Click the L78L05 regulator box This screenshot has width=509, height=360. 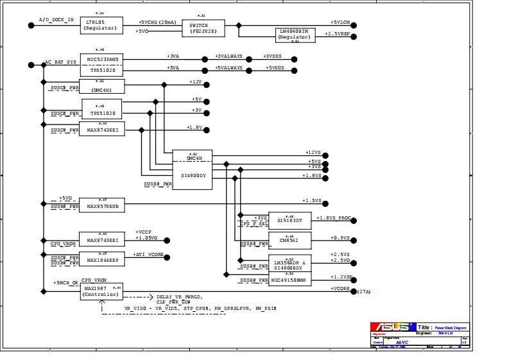(101, 25)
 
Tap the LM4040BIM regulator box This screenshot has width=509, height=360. (295, 35)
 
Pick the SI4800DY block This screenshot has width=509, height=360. (192, 175)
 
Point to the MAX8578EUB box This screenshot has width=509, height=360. (101, 206)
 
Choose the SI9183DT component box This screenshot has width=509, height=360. (289, 220)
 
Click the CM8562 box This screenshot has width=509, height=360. (289, 240)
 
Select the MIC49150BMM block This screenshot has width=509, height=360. (289, 280)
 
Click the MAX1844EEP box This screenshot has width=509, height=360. (102, 260)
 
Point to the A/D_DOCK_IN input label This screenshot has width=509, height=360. (56, 21)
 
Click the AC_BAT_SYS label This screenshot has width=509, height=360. (60, 62)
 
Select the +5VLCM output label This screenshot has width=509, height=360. (340, 22)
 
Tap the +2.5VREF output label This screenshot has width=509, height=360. (337, 33)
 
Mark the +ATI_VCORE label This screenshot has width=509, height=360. (148, 255)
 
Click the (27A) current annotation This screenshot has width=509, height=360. (364, 292)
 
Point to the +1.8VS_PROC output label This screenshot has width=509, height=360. (334, 218)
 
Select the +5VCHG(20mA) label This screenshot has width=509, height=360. (157, 22)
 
